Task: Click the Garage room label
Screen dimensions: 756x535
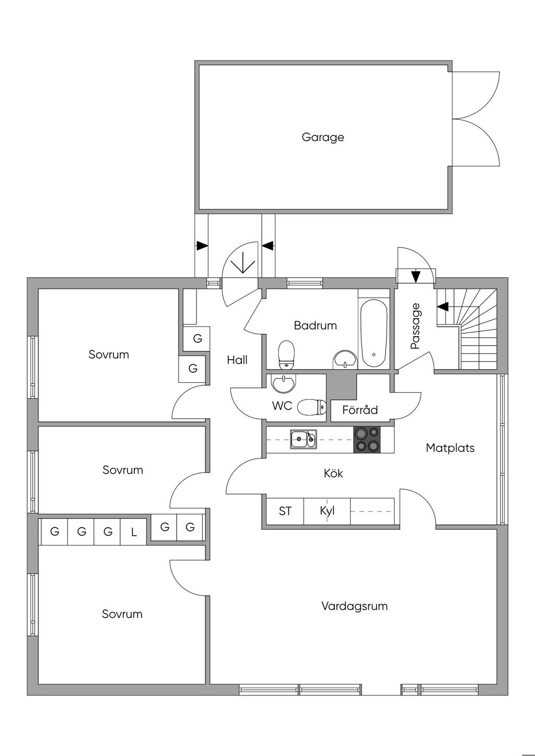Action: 323,137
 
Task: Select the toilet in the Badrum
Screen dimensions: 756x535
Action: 286,354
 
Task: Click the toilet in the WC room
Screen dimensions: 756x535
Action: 311,407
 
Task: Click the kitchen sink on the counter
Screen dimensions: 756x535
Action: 304,439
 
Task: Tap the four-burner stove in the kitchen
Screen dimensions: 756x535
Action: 367,439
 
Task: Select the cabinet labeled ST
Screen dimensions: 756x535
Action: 285,511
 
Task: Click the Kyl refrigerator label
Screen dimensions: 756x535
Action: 327,511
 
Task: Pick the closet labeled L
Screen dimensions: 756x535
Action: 134,533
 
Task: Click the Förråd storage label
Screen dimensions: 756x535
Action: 360,410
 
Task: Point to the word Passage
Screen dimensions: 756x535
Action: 415,326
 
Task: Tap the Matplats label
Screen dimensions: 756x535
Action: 450,447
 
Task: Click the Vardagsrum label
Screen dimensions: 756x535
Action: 354,606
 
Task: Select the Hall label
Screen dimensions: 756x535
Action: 237,360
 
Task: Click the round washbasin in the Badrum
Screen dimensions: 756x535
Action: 344,359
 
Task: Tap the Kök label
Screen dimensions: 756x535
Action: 333,474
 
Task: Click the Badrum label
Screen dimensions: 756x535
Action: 315,325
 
